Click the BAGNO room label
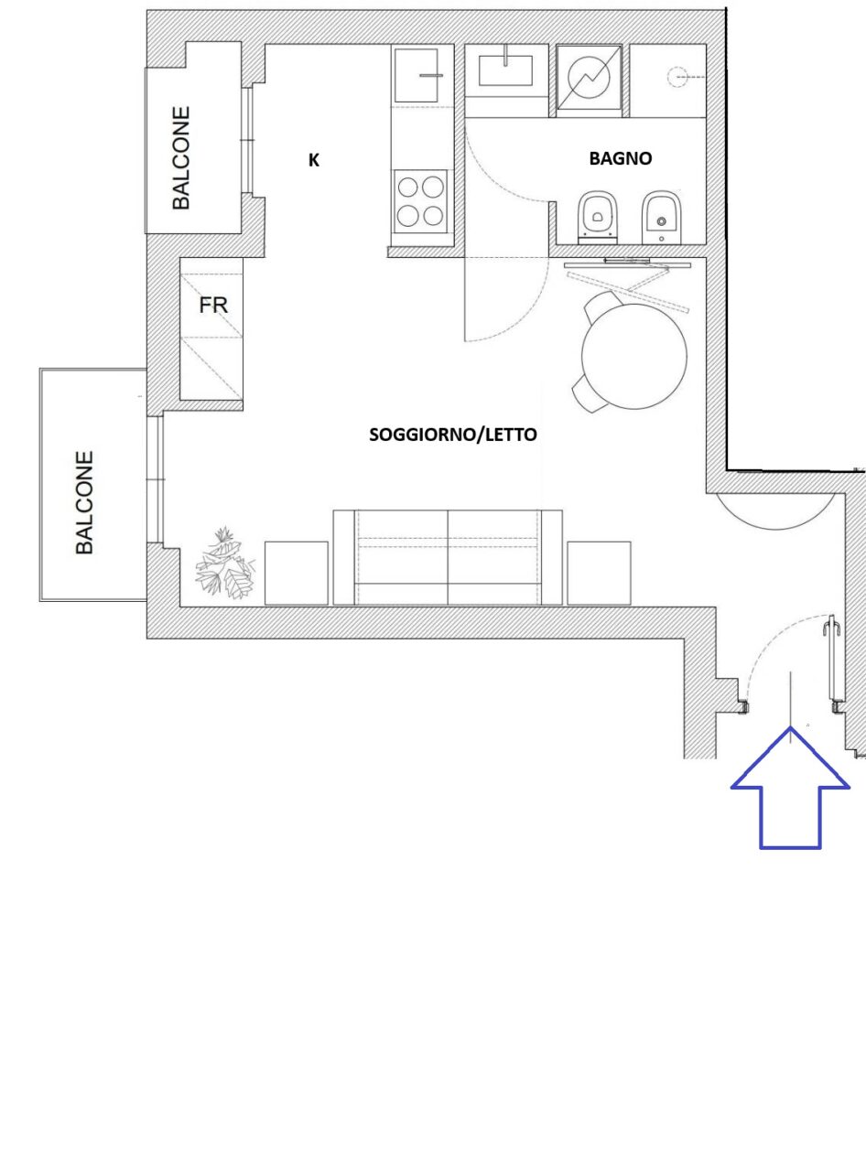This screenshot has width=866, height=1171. [x=621, y=158]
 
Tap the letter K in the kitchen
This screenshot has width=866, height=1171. [x=314, y=160]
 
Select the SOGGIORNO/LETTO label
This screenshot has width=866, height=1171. [x=453, y=435]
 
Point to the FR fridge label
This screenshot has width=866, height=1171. [x=213, y=306]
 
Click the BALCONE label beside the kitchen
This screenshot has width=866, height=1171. [x=181, y=158]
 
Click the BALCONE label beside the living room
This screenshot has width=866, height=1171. [x=84, y=502]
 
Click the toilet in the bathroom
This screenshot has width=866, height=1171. [x=598, y=218]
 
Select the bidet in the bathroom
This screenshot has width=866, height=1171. [x=661, y=218]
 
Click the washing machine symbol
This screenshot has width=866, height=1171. [x=589, y=78]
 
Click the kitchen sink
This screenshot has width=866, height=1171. [x=417, y=76]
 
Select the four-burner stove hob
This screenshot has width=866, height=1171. [x=420, y=201]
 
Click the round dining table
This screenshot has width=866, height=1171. [x=634, y=356]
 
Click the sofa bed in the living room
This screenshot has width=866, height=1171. [x=448, y=557]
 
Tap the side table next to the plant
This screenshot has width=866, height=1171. [x=296, y=573]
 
